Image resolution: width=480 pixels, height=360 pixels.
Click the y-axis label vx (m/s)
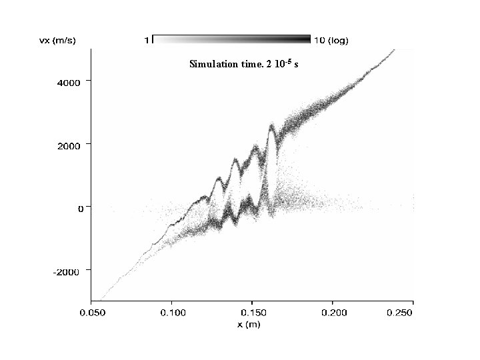[57, 41]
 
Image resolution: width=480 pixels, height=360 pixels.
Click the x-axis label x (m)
[249, 324]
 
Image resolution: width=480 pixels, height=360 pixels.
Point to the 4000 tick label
[69, 83]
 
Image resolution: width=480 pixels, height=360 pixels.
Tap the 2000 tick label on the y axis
[69, 146]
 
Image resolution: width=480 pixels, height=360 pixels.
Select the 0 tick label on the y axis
[81, 209]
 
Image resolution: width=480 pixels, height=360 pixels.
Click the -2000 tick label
[66, 272]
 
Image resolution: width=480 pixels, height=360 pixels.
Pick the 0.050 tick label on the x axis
[93, 313]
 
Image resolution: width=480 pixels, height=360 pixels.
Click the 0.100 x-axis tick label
[173, 313]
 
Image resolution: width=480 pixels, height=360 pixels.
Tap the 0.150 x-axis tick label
[253, 313]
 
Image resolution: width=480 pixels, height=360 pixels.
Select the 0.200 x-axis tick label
[334, 313]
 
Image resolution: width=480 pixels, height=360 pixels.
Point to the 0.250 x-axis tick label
[399, 313]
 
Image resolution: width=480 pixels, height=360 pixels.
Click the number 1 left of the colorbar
[147, 40]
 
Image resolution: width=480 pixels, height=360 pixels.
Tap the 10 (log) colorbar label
[331, 41]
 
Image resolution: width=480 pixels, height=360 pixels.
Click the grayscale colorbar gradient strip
[231, 39]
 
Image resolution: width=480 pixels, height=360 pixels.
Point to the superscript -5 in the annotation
[288, 61]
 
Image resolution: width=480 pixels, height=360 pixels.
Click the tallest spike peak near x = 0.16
[271, 125]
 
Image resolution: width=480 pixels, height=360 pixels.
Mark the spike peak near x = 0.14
[235, 159]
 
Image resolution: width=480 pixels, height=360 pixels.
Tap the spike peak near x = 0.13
[219, 178]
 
